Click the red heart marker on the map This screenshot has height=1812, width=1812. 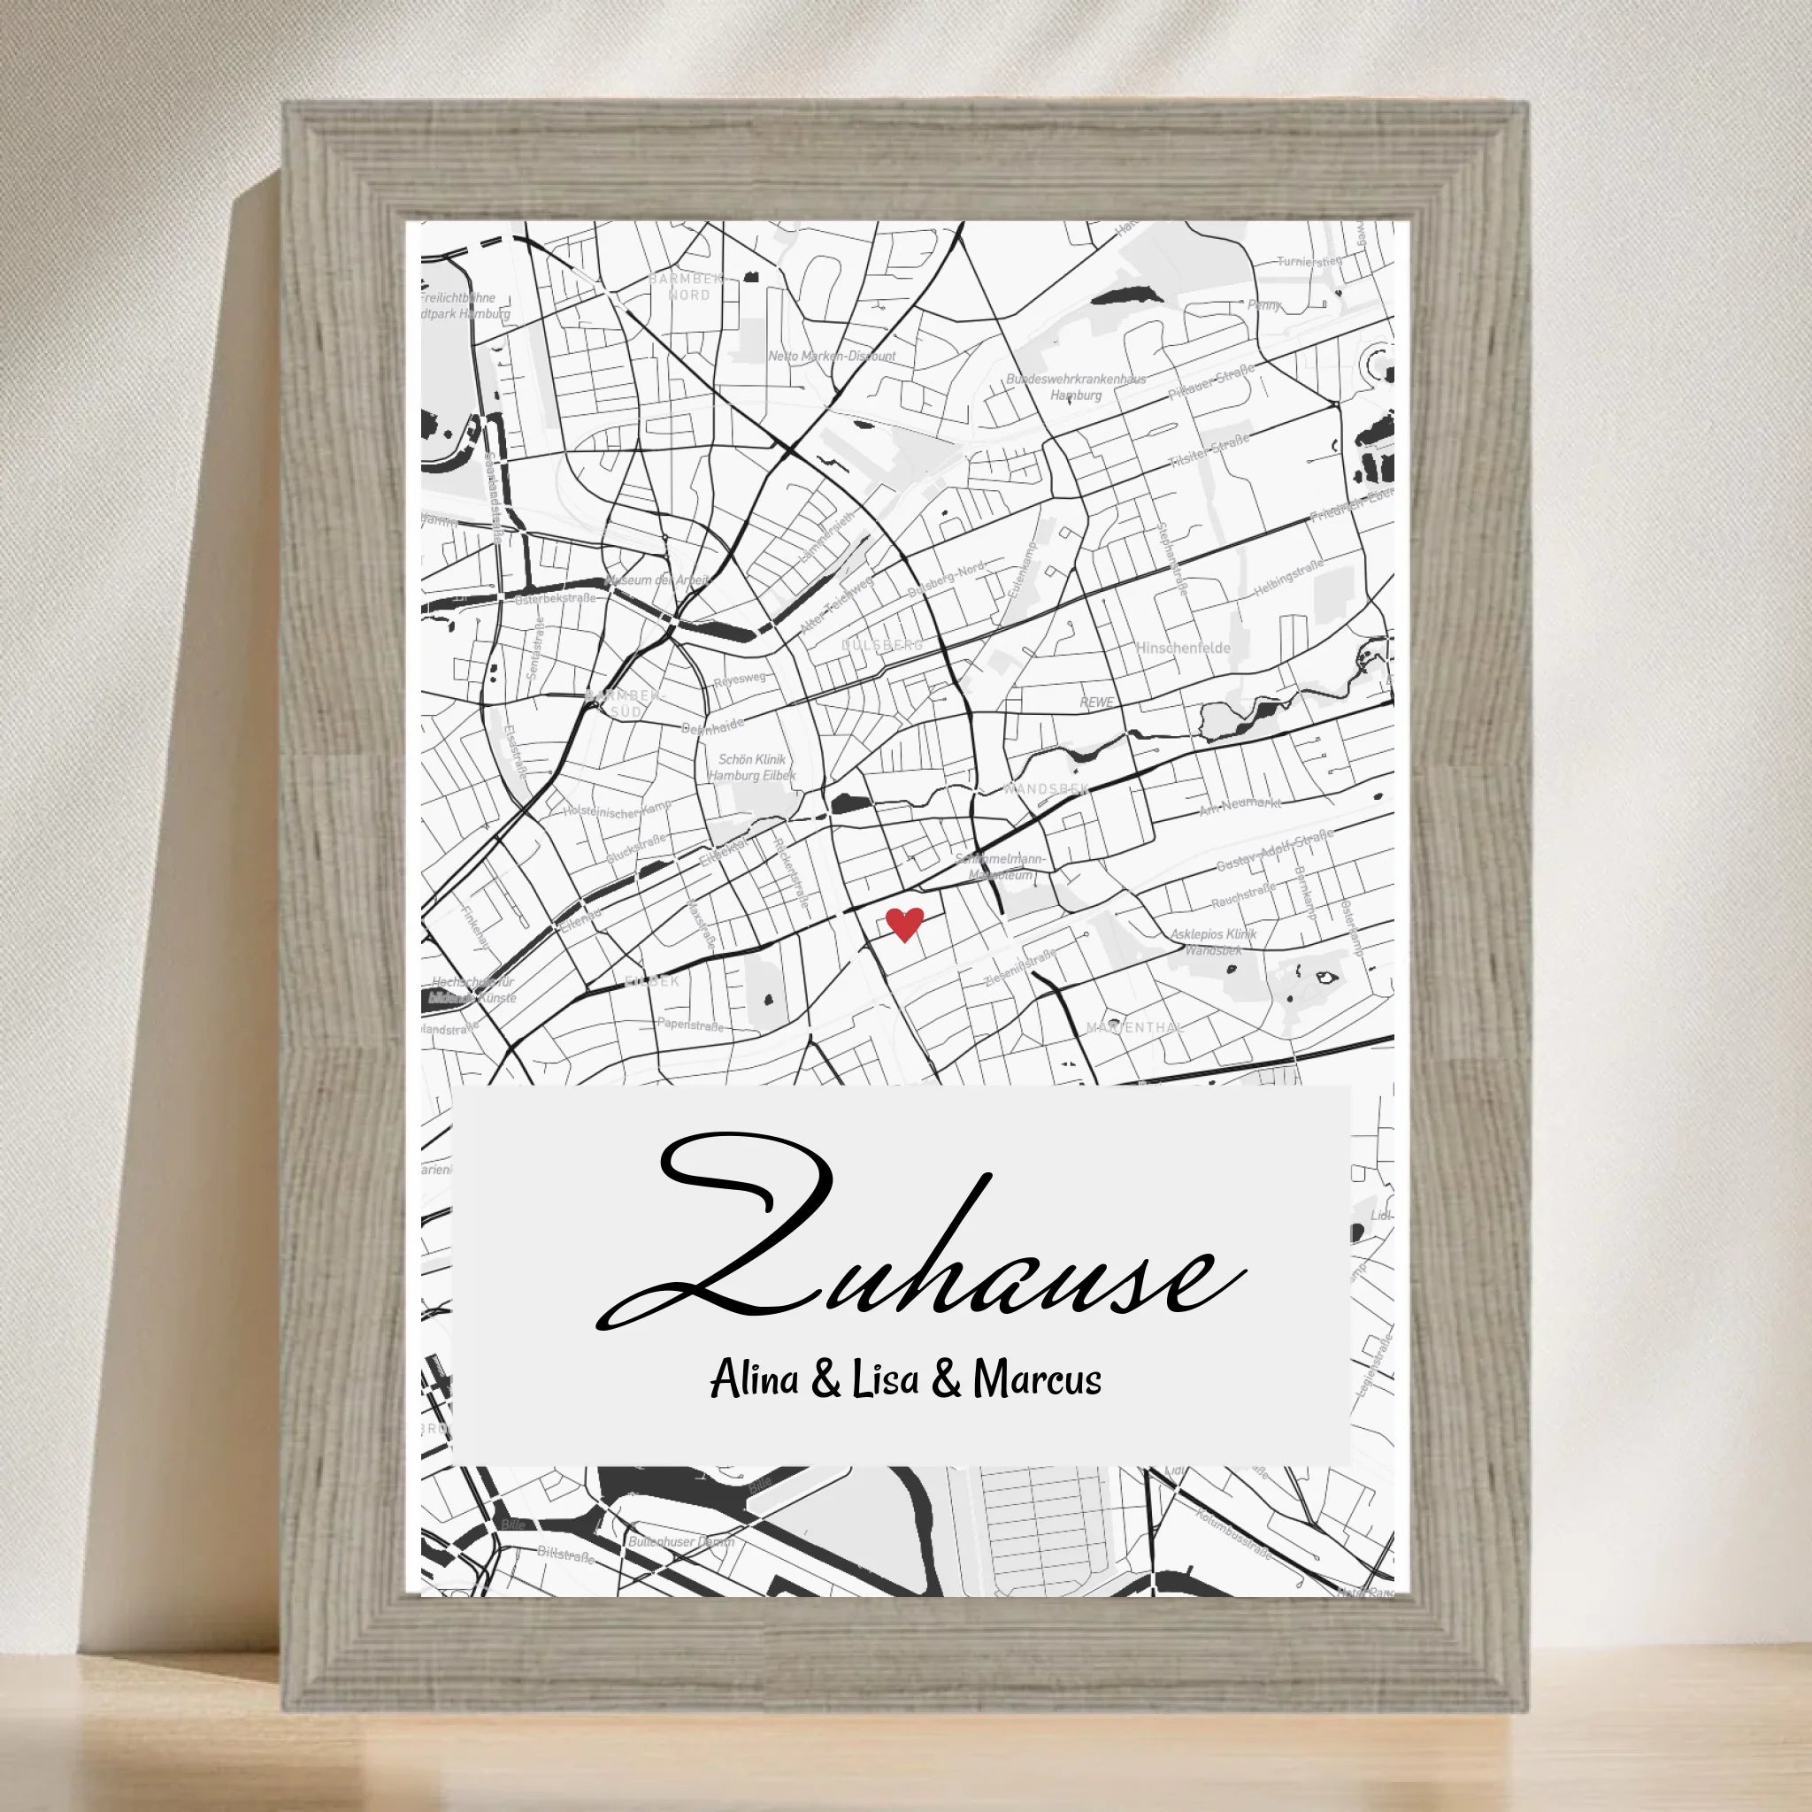click(x=904, y=924)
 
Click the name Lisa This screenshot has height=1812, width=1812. click(x=886, y=1407)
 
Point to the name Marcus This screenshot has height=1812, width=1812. click(x=1037, y=1407)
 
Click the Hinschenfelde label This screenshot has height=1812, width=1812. click(x=1183, y=648)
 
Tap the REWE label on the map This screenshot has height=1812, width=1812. click(x=1096, y=702)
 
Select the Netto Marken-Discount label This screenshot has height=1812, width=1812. click(x=831, y=357)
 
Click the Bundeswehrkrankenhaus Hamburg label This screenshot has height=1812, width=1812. click(x=1076, y=388)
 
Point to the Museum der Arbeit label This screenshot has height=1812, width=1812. click(x=658, y=580)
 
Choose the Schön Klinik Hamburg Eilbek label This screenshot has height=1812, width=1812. click(x=752, y=767)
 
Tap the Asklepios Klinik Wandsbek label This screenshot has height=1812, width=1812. click(x=1213, y=941)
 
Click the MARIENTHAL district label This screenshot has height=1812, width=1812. click(x=1135, y=1028)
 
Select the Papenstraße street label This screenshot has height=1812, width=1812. click(x=691, y=1025)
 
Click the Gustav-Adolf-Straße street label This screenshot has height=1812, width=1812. click(x=1274, y=850)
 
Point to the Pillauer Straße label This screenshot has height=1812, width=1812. click(x=1211, y=385)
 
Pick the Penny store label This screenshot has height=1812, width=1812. click(x=1263, y=305)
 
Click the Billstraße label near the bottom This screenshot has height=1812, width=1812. click(x=565, y=1556)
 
